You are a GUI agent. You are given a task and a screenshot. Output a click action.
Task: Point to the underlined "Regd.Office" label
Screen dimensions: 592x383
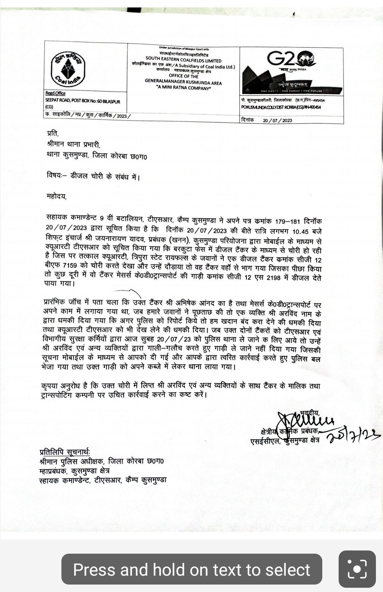(x=55, y=93)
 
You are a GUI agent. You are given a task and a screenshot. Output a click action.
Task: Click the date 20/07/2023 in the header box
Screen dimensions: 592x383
(x=277, y=120)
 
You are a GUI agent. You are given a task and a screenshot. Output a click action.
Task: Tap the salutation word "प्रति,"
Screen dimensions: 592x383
(x=53, y=134)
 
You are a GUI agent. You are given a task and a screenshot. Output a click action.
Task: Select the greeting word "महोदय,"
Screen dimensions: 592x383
(x=57, y=196)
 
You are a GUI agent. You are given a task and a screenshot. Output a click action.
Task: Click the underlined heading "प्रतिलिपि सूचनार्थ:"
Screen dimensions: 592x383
(x=65, y=452)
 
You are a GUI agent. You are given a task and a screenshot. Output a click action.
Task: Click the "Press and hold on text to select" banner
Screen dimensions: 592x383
(x=192, y=569)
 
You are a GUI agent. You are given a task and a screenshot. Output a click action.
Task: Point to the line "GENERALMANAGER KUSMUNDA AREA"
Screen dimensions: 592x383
(x=183, y=82)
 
